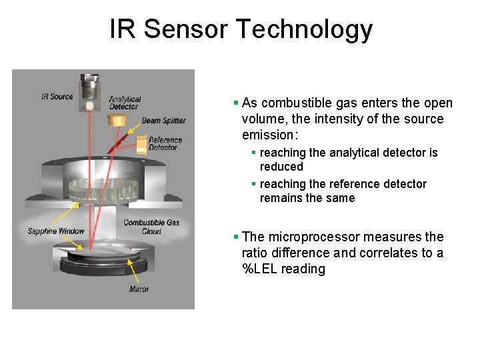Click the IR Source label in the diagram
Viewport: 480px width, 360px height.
pyautogui.click(x=57, y=97)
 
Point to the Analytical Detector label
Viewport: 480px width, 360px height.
pyautogui.click(x=125, y=103)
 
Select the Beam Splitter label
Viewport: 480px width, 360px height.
pyautogui.click(x=163, y=121)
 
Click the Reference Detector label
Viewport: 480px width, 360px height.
pyautogui.click(x=165, y=143)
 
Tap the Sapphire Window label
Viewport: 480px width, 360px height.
pyautogui.click(x=56, y=231)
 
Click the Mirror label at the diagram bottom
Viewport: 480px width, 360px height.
pyautogui.click(x=139, y=289)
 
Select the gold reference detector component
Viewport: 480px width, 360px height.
pyautogui.click(x=141, y=144)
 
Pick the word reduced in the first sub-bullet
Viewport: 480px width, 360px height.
pyautogui.click(x=281, y=167)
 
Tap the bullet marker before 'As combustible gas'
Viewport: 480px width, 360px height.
pyautogui.click(x=236, y=103)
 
